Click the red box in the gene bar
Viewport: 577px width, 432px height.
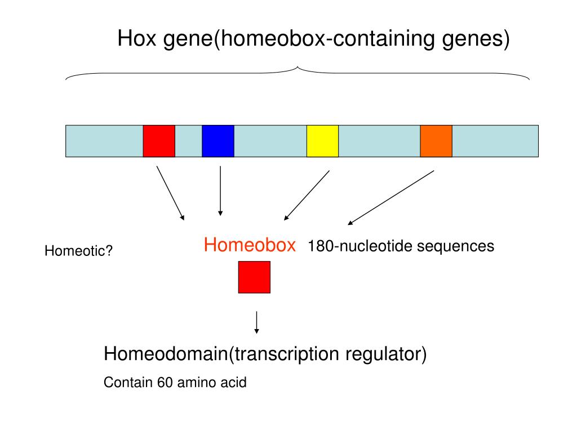click(x=159, y=141)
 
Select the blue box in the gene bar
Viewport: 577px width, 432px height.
click(x=218, y=141)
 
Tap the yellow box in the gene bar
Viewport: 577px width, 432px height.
click(x=322, y=141)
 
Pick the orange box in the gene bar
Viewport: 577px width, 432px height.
click(x=436, y=141)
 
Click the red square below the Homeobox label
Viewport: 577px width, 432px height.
click(x=254, y=277)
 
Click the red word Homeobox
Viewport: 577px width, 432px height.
click(x=250, y=245)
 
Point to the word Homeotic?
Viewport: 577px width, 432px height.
click(x=79, y=251)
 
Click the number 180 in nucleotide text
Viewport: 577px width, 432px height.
click(x=318, y=246)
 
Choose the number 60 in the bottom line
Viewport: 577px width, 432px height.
click(x=164, y=383)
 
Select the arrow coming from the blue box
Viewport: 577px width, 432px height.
click(x=220, y=191)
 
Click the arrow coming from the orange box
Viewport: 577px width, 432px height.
click(x=391, y=197)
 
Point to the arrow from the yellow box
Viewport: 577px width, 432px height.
click(x=307, y=195)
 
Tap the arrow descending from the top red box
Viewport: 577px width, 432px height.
click(x=170, y=192)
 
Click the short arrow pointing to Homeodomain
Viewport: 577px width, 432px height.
click(x=257, y=322)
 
